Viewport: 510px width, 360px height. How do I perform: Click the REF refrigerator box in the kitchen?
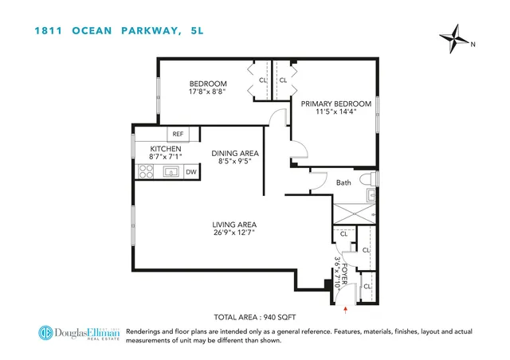(x=178, y=135)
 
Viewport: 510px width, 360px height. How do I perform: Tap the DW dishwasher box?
(x=190, y=171)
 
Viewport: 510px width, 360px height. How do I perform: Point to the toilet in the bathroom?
(x=368, y=179)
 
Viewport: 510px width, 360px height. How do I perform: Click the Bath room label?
(x=343, y=183)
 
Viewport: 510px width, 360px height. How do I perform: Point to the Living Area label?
(x=233, y=225)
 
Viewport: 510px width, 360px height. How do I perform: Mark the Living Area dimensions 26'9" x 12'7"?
(x=233, y=234)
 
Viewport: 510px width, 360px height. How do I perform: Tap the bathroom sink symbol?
(x=372, y=194)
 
